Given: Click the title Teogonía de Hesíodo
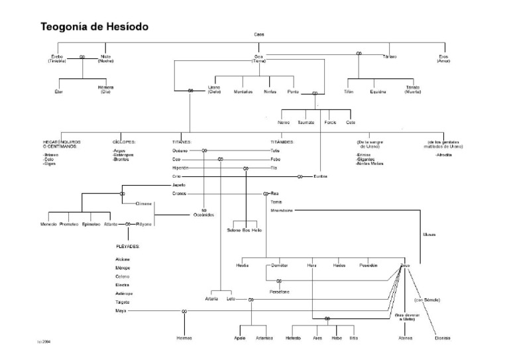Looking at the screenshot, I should pyautogui.click(x=95, y=27).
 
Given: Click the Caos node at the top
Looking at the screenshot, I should pyautogui.click(x=259, y=34).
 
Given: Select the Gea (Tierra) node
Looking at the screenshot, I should pyautogui.click(x=259, y=59).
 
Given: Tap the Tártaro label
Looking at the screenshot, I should pyautogui.click(x=390, y=57).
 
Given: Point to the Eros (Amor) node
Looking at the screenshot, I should pyautogui.click(x=443, y=59).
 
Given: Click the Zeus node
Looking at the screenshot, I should pyautogui.click(x=406, y=265).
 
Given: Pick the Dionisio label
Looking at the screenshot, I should pyautogui.click(x=443, y=338).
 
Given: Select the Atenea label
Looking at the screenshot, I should pyautogui.click(x=405, y=338).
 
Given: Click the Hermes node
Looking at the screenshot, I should pyautogui.click(x=184, y=338).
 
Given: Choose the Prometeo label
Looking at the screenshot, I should pyautogui.click(x=69, y=224).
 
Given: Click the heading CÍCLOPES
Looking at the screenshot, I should pyautogui.click(x=124, y=142).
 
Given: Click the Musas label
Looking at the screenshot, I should pyautogui.click(x=429, y=234).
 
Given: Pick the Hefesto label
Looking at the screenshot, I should pyautogui.click(x=294, y=338).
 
